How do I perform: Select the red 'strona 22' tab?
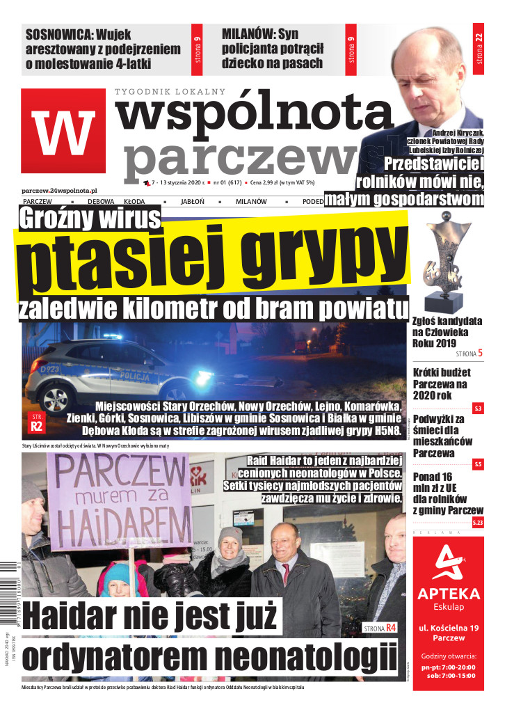click(x=478, y=49)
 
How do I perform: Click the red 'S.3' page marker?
click(x=478, y=408)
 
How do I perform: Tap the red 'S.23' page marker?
click(x=477, y=523)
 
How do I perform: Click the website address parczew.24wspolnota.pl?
click(x=59, y=190)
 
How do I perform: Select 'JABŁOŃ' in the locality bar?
click(x=192, y=201)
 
